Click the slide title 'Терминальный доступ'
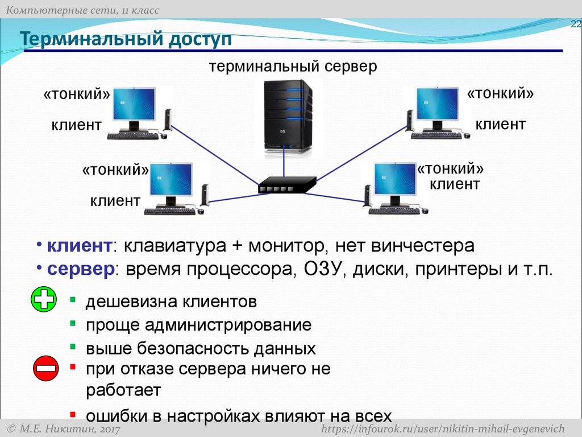click(x=126, y=40)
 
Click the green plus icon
click(x=43, y=300)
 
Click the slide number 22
click(x=576, y=23)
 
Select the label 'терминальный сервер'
click(x=293, y=67)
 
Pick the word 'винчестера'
click(x=423, y=246)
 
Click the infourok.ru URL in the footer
click(x=443, y=428)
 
